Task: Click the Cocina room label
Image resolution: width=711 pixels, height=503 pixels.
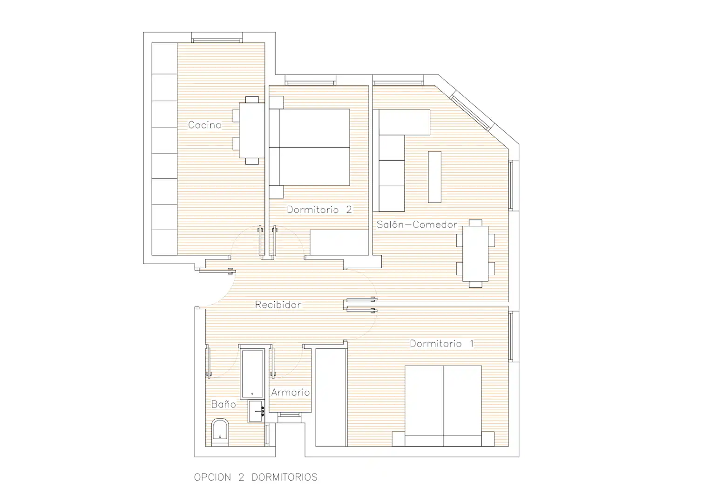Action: [x=204, y=125]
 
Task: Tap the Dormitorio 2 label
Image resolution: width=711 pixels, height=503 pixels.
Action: [x=319, y=210]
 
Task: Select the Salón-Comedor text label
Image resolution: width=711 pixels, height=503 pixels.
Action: [x=417, y=224]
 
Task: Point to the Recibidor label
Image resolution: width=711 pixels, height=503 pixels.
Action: [x=278, y=305]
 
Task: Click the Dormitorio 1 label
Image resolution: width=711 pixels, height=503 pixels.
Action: [x=442, y=344]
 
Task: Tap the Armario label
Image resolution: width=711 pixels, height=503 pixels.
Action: [x=291, y=393]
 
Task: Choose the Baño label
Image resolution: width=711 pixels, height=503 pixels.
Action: [x=223, y=404]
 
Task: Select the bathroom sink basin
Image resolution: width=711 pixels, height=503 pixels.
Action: [x=257, y=411]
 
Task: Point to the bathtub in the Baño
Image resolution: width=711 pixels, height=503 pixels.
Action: [x=252, y=374]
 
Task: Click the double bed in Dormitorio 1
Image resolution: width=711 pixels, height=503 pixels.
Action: [x=443, y=406]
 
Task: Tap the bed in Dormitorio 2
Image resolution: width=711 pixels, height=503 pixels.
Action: [x=310, y=147]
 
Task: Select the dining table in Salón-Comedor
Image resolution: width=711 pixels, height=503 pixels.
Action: [x=475, y=253]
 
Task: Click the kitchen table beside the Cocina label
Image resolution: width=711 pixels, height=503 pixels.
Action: [x=252, y=130]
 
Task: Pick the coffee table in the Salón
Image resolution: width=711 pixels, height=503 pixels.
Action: [x=434, y=177]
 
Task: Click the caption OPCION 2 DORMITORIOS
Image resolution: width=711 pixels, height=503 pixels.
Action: [x=256, y=477]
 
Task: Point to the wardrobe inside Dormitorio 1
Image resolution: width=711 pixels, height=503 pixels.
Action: [x=331, y=397]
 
